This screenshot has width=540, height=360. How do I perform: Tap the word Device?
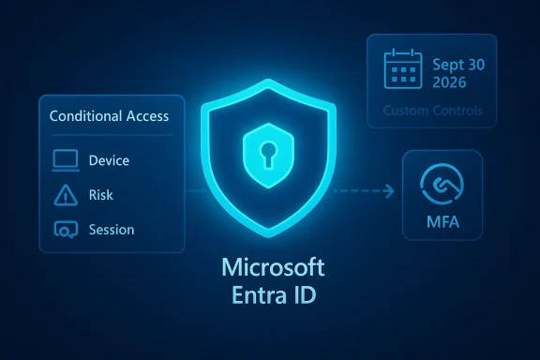(x=110, y=160)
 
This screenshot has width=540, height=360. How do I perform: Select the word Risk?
(x=101, y=195)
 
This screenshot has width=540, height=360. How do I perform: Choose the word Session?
(x=112, y=230)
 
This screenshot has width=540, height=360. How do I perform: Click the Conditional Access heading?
(x=108, y=116)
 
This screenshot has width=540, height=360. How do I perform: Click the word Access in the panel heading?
(x=145, y=116)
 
